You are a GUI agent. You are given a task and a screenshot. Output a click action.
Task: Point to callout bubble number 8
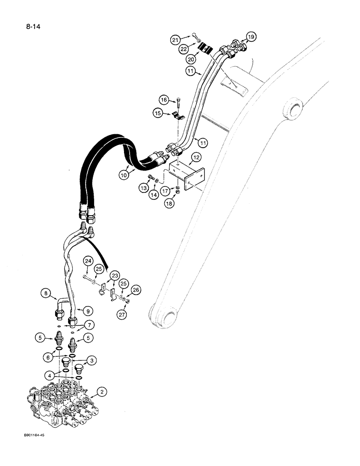click(x=46, y=294)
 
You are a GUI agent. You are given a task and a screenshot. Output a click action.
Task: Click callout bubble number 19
click(x=251, y=36)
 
